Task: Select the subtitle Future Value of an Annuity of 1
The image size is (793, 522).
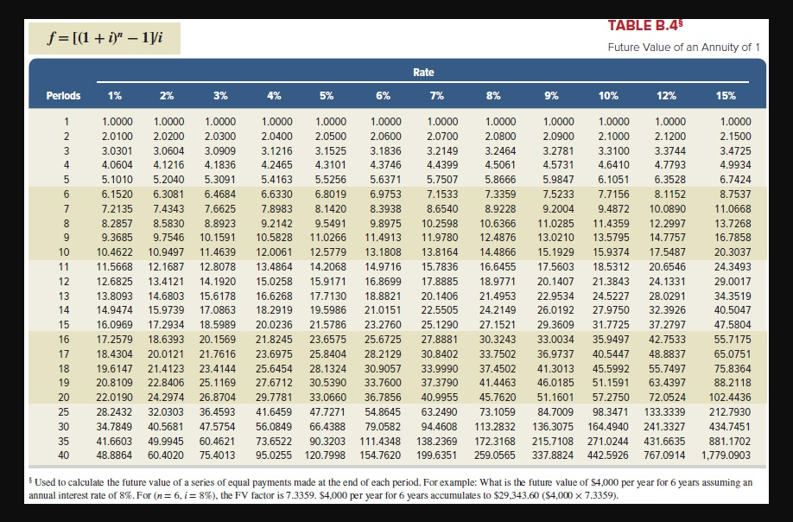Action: click(683, 47)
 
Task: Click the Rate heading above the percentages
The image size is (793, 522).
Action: click(423, 73)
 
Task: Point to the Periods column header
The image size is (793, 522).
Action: click(63, 96)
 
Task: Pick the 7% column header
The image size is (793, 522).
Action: click(437, 96)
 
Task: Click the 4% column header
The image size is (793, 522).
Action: click(275, 96)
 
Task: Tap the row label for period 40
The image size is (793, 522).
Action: click(63, 454)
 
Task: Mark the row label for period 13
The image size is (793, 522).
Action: click(63, 296)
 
